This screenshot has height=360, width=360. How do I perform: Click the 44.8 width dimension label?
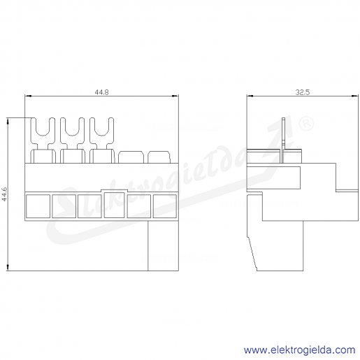(101, 92)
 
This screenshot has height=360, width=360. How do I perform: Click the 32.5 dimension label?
(303, 92)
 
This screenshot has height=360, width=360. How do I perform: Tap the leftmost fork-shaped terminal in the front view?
(43, 141)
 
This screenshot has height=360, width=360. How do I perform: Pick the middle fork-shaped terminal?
(72, 141)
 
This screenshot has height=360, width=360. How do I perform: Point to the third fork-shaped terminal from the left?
(102, 141)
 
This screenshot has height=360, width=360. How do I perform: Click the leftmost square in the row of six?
(38, 206)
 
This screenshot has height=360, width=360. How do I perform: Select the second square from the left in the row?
(64, 206)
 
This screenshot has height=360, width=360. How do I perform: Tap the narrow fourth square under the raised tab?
(114, 205)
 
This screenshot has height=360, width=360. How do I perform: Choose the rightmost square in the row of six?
(165, 206)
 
